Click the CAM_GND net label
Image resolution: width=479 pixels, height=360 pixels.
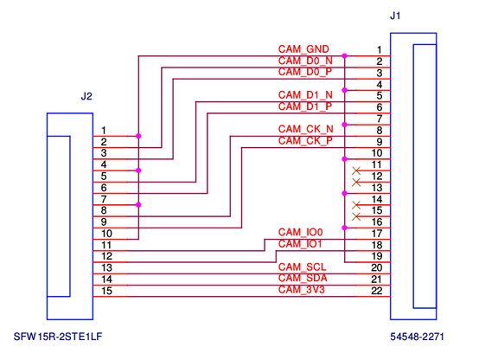click(303, 49)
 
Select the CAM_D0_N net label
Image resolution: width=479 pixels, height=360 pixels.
click(305, 61)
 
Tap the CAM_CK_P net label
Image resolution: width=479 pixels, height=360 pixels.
click(305, 141)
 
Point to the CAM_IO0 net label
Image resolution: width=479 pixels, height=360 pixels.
click(300, 233)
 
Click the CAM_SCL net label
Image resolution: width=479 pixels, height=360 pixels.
click(302, 267)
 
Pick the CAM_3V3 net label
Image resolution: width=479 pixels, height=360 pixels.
click(302, 290)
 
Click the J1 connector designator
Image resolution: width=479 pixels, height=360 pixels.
click(395, 16)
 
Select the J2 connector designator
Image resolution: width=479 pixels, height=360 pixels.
click(86, 97)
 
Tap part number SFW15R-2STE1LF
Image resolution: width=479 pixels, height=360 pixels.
click(58, 337)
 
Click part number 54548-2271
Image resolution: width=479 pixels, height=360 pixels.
click(417, 337)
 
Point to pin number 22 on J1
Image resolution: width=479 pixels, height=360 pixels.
click(377, 291)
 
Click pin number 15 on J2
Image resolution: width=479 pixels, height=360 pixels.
click(107, 291)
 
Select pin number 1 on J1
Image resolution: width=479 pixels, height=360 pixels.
click(379, 49)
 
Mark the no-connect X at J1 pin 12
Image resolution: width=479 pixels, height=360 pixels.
click(356, 183)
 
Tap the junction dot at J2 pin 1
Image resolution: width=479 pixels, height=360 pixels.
click(138, 136)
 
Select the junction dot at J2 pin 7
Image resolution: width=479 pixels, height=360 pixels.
click(138, 205)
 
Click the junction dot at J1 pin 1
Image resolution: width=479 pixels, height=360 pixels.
click(345, 56)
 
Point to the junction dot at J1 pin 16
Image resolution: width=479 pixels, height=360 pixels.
click(345, 228)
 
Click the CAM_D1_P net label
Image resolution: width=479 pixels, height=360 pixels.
click(305, 106)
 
